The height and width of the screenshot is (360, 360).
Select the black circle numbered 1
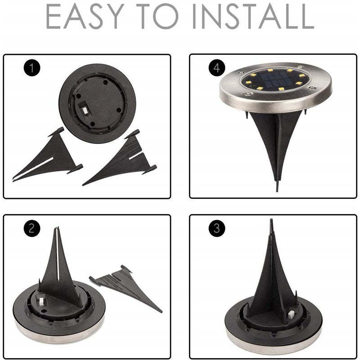click(31, 68)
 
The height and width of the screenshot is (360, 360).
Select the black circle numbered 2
click(31, 228)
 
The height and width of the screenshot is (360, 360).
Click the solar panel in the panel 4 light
click(274, 82)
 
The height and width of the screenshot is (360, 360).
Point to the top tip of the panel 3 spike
click(271, 221)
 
